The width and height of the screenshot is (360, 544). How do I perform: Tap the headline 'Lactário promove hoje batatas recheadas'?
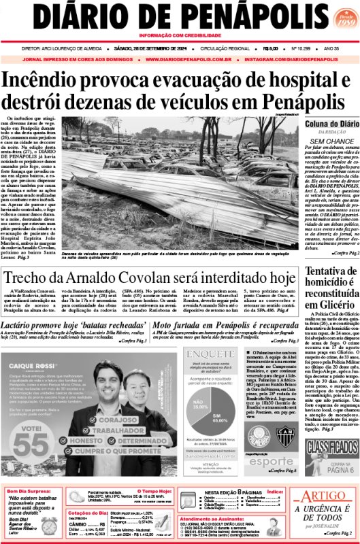[x=74, y=327]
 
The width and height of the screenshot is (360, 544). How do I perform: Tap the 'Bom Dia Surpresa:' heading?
[x=31, y=492]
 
